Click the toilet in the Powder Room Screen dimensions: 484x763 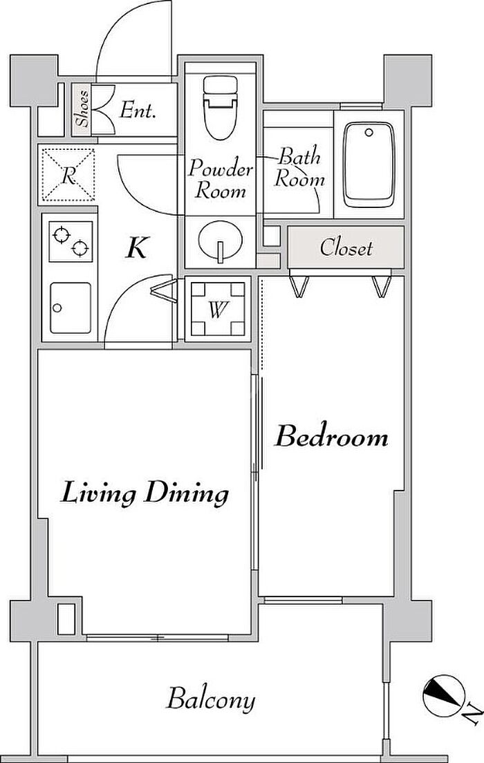221,107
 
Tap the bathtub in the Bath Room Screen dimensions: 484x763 369,164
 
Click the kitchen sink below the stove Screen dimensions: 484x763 70,308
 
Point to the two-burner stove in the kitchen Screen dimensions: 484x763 71,241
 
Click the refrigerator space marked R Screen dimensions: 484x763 68,175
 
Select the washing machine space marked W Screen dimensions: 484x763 218,309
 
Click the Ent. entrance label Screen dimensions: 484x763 138,111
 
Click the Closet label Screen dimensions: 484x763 346,247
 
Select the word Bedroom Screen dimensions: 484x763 332,436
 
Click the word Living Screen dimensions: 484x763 98,494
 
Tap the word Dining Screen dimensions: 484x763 187,494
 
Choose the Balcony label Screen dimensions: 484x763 211,699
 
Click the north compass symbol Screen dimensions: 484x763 442,695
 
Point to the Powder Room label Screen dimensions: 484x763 221,178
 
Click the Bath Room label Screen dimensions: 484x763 299,168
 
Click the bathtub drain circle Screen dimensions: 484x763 369,133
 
